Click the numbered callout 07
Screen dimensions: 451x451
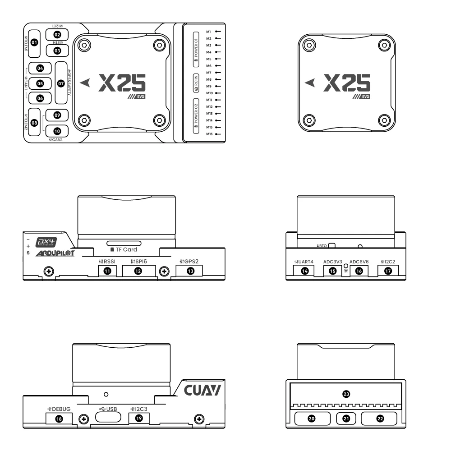click(x=61, y=83)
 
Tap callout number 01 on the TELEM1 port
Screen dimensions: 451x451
click(x=34, y=42)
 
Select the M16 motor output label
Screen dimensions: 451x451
click(x=209, y=134)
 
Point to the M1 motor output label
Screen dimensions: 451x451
click(x=209, y=32)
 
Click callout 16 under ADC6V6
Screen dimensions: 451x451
click(x=359, y=271)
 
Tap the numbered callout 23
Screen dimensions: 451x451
click(x=346, y=394)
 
